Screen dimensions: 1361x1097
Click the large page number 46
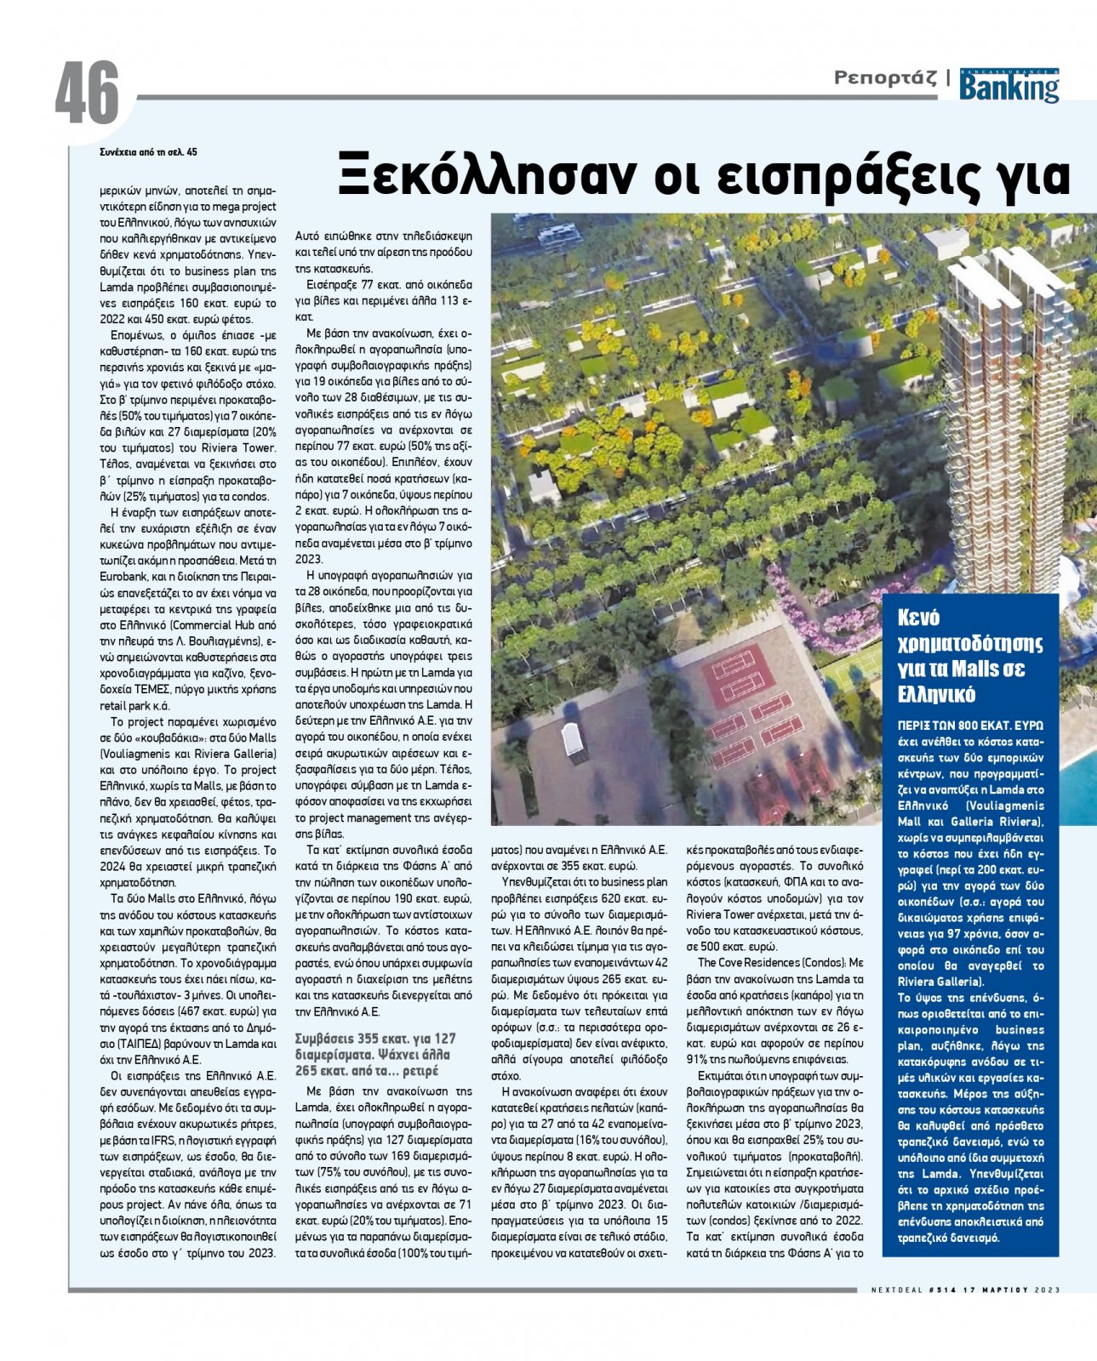pyautogui.click(x=88, y=94)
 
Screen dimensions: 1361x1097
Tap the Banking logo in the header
pyautogui.click(x=1009, y=86)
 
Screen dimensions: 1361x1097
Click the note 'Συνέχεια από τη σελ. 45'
pyautogui.click(x=148, y=152)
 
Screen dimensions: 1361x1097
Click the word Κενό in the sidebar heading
pyautogui.click(x=918, y=618)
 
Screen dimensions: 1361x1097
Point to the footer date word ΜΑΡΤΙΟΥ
pyautogui.click(x=1011, y=1290)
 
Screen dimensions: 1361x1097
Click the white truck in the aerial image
pyautogui.click(x=573, y=742)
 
